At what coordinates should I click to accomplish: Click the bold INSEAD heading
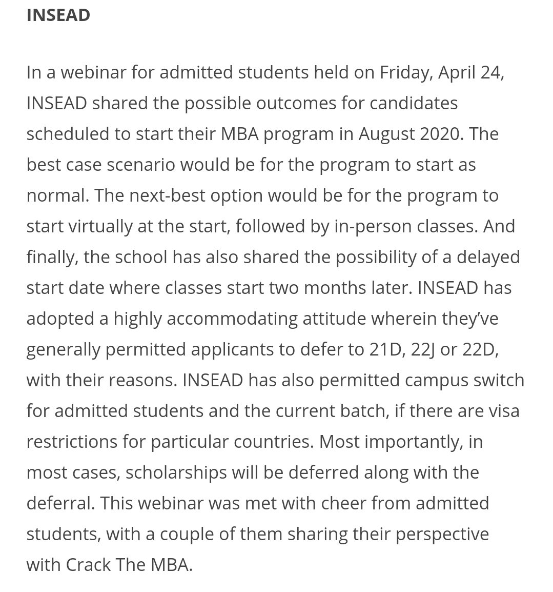[x=58, y=15]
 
